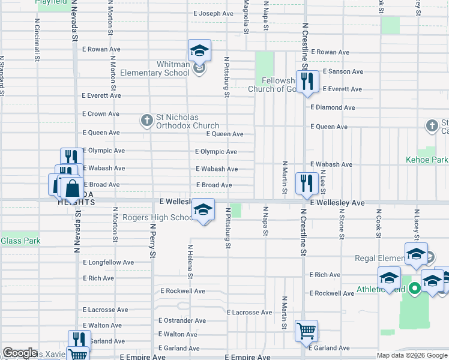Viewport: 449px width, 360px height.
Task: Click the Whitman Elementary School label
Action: coord(155,69)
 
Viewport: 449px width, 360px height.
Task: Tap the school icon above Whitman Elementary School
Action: coord(199,50)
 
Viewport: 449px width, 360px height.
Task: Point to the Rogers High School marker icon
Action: coord(203,210)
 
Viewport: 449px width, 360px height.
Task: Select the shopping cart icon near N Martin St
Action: coord(306,331)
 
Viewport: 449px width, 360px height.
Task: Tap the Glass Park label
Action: coord(20,241)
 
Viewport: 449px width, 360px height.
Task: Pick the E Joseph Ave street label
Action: coord(212,13)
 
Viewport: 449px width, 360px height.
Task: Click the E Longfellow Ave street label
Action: coord(109,262)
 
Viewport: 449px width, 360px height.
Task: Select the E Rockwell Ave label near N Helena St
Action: coord(182,291)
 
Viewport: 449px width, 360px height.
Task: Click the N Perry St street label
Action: coord(153,241)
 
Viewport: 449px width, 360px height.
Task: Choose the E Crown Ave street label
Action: coord(101,114)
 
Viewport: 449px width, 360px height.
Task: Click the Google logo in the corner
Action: coord(20,352)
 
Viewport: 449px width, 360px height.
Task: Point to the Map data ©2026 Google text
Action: coord(412,355)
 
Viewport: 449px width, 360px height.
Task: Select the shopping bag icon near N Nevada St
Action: coord(72,188)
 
